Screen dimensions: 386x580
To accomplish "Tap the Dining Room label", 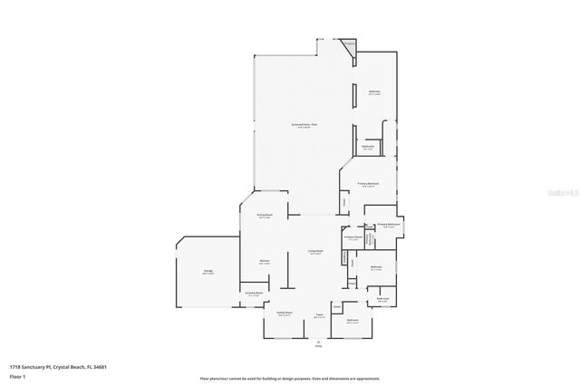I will point(264,216).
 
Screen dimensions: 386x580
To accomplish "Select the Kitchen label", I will point(265,261).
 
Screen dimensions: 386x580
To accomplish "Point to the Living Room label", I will point(315,252).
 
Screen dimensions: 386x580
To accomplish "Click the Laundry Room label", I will point(254,293).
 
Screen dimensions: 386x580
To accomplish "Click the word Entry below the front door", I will point(318,346).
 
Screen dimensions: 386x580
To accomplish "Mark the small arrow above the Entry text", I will point(318,340).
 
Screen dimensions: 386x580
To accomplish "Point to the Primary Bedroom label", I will point(368,183).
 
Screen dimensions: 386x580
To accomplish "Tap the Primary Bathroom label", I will point(389,224).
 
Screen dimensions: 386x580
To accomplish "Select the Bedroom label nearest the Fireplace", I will point(374,92).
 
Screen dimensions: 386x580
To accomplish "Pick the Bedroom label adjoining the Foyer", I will point(353,320).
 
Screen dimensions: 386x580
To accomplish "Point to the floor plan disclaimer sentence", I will point(290,378).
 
